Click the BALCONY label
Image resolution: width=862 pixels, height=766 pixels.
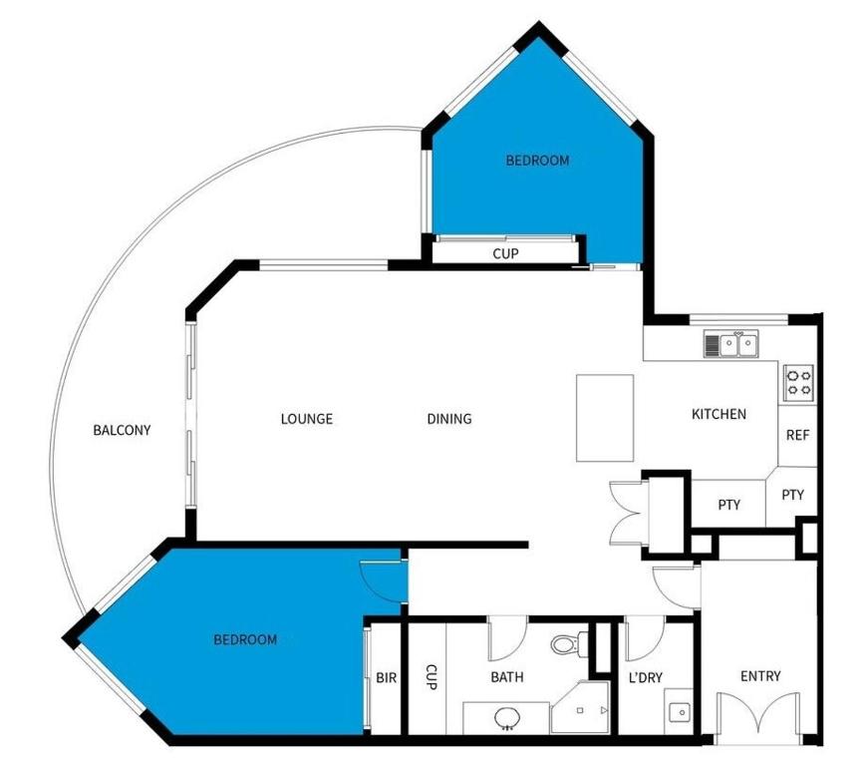coord(122,430)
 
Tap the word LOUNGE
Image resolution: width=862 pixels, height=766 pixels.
coord(307,419)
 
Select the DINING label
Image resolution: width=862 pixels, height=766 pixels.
coord(449,419)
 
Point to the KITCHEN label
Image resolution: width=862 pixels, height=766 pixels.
coord(718,414)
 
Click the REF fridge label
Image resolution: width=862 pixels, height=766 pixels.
coord(797,435)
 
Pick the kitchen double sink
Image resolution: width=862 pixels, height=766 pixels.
coord(731,344)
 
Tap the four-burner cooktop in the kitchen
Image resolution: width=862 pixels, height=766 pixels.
coord(799,382)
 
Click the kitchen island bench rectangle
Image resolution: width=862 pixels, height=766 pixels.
coord(605,418)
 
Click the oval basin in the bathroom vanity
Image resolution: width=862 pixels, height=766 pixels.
coord(507,717)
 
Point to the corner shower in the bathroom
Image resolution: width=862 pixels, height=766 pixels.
coord(581,707)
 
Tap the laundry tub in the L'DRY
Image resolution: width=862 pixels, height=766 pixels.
coord(680,712)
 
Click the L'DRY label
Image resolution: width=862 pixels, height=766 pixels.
coord(646,677)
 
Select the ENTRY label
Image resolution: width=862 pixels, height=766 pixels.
coord(760,676)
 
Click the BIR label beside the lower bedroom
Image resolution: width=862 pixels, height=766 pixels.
coord(386,677)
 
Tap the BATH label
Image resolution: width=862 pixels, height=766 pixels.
coord(507,677)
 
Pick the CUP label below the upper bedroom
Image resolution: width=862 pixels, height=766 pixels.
coord(505,253)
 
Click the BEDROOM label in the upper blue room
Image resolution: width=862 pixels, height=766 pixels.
coord(537,161)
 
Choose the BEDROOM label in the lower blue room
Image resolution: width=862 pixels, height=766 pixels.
coord(245,639)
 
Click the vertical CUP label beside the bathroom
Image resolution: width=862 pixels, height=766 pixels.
coord(431,677)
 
